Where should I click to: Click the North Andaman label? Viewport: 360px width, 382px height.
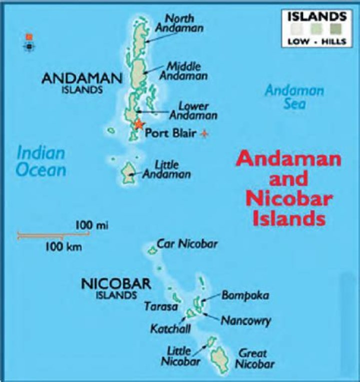tap(178, 23)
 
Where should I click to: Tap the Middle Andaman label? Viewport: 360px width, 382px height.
tap(187, 71)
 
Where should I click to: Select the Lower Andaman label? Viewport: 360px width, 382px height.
tap(193, 111)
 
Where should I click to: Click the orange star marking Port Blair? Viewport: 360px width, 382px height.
tap(138, 125)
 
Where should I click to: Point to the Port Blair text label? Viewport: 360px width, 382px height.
tap(170, 134)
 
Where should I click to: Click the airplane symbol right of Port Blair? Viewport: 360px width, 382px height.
tap(204, 134)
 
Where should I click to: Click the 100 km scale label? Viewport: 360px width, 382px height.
tap(63, 246)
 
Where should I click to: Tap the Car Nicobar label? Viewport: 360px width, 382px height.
tap(187, 244)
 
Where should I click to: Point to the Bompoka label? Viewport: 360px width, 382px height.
tap(245, 295)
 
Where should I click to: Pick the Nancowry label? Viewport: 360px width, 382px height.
tap(245, 320)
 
